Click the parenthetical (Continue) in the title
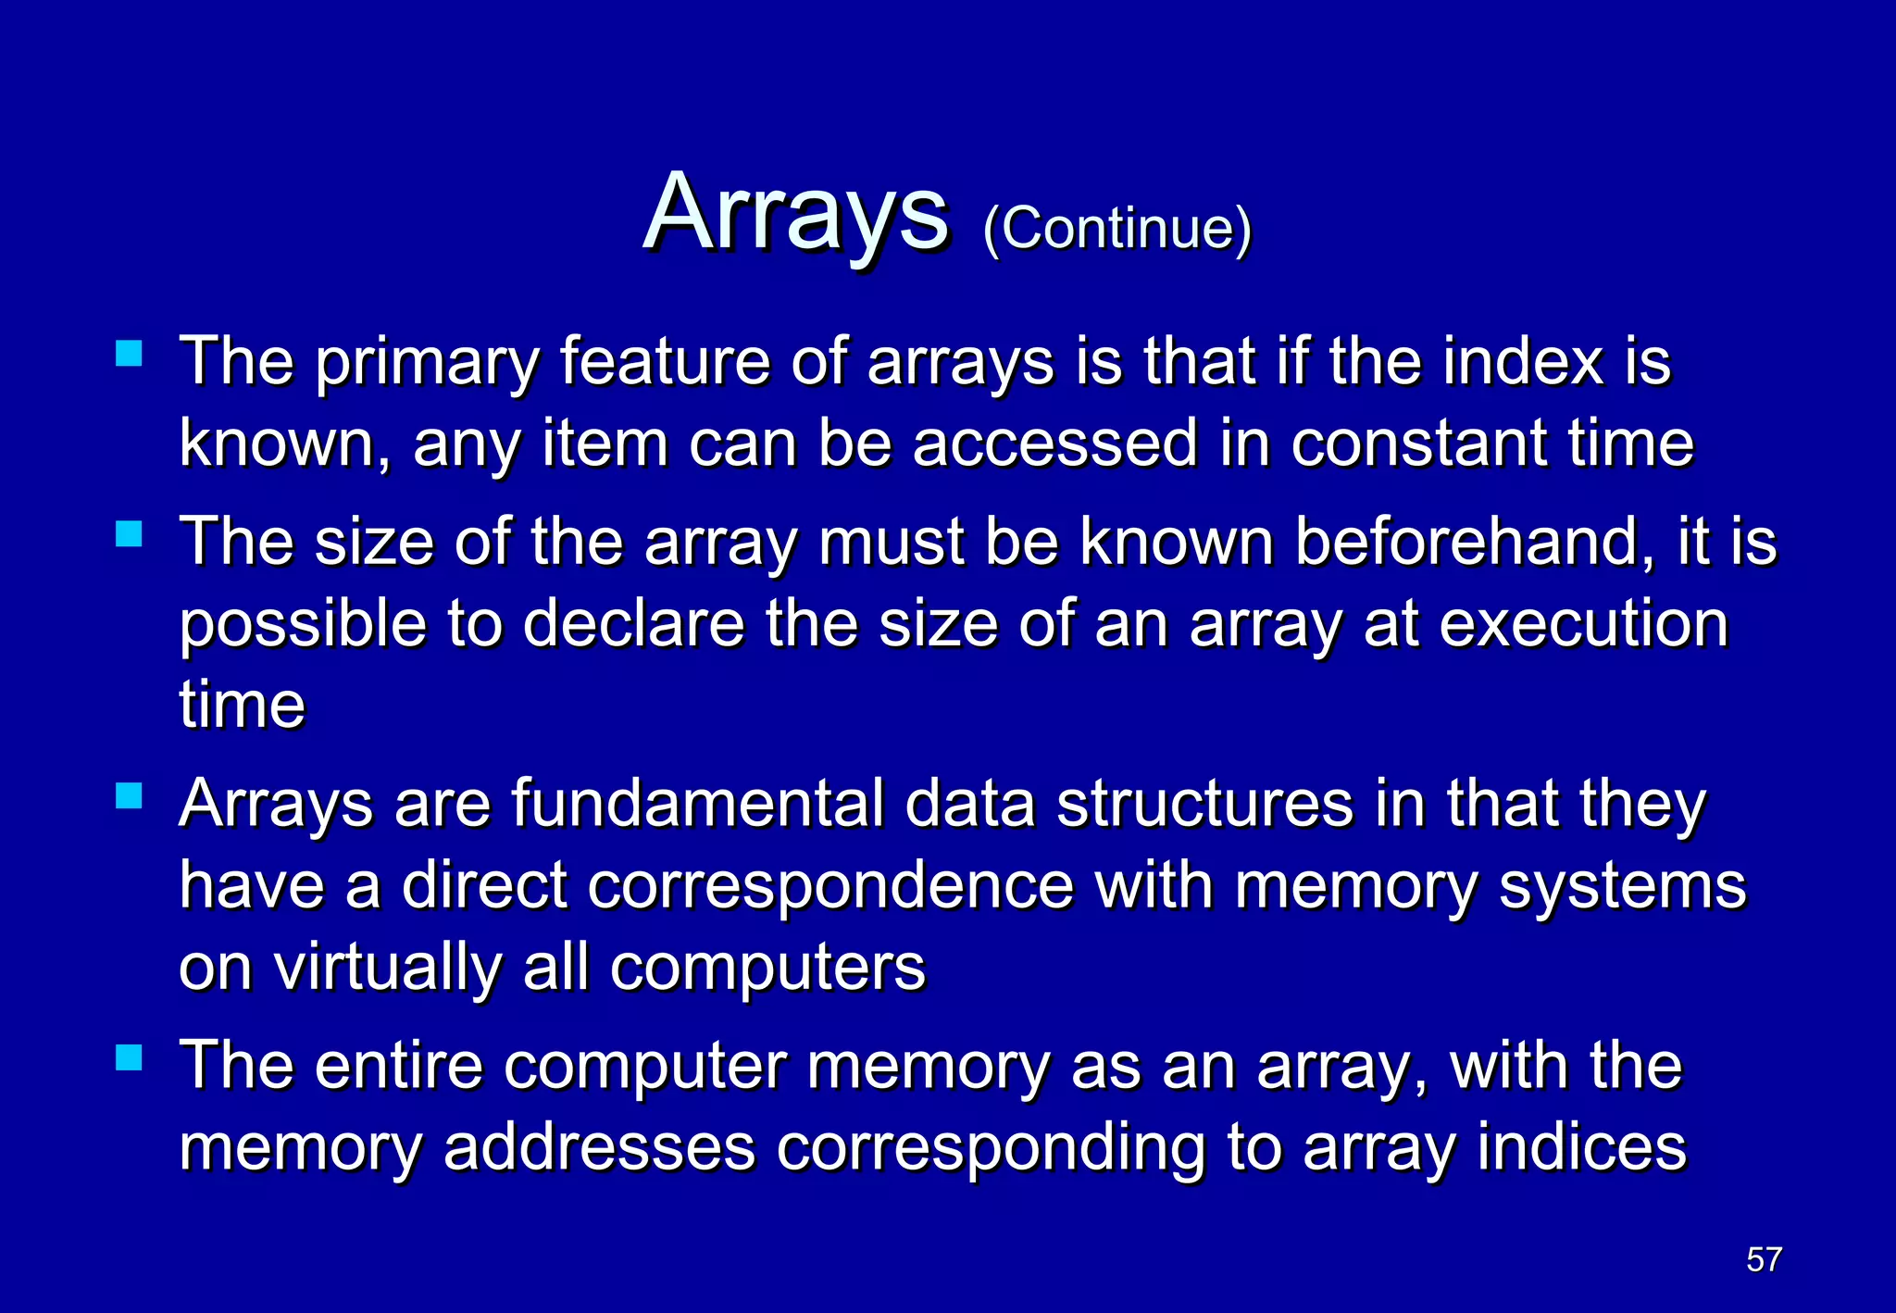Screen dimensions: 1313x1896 point(1116,228)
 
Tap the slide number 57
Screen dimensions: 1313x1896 point(1764,1259)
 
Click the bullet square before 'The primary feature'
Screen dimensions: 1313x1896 point(129,355)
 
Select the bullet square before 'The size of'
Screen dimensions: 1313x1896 point(129,534)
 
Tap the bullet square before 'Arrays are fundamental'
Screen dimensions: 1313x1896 point(129,796)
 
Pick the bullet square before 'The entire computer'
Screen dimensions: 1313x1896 point(129,1058)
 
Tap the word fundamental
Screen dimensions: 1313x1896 point(697,804)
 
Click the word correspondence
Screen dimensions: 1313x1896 point(830,885)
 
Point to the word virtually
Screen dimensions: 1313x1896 point(387,968)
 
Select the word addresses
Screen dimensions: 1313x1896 point(599,1148)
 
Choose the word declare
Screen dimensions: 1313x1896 point(633,623)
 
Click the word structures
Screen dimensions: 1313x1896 point(1205,804)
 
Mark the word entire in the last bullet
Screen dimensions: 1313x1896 point(399,1066)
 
